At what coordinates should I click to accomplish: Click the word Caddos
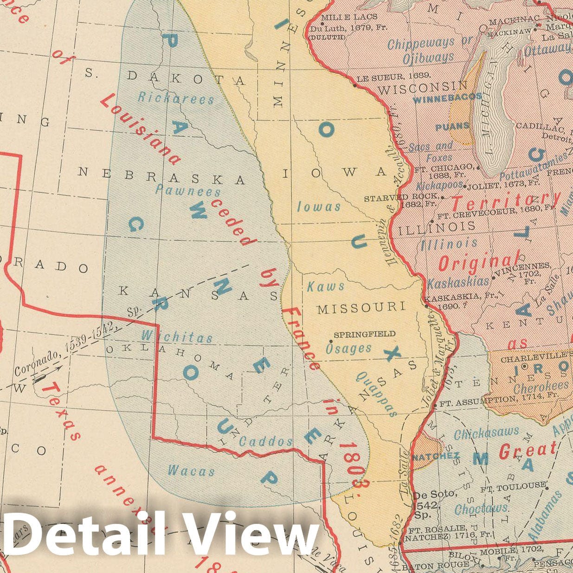[x=266, y=442]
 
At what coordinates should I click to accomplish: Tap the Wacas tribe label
[x=191, y=471]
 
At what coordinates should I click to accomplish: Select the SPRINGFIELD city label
[x=365, y=334]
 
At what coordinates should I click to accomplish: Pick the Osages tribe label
[x=348, y=348]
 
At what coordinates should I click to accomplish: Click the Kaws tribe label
[x=326, y=286]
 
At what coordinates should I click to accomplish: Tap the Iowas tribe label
[x=319, y=206]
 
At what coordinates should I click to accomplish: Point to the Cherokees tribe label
[x=541, y=386]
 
